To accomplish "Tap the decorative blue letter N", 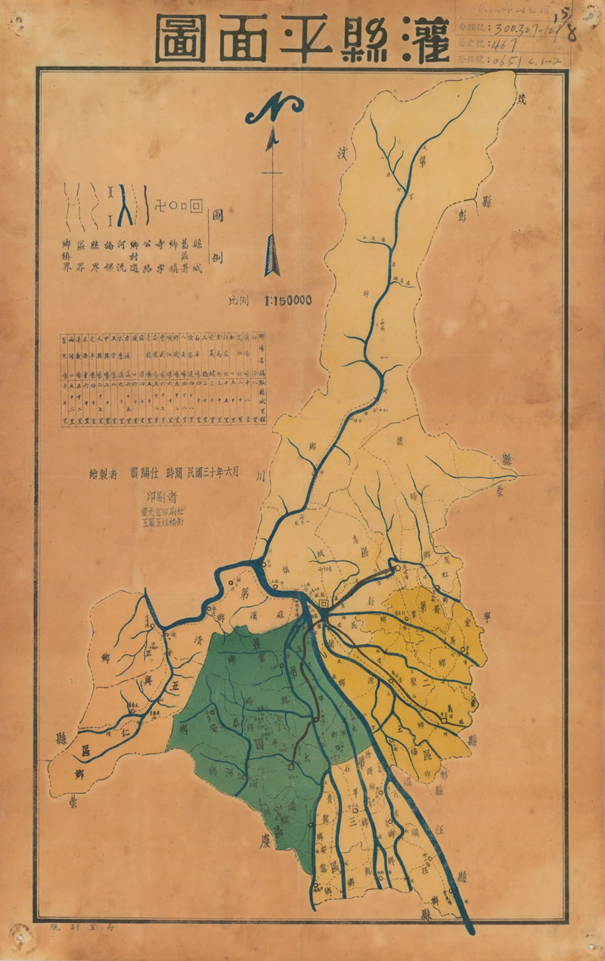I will tap(273, 113).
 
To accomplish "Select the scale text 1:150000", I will tap(287, 300).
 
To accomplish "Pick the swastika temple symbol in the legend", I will tap(158, 204).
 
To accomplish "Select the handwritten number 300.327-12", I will tap(522, 29).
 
